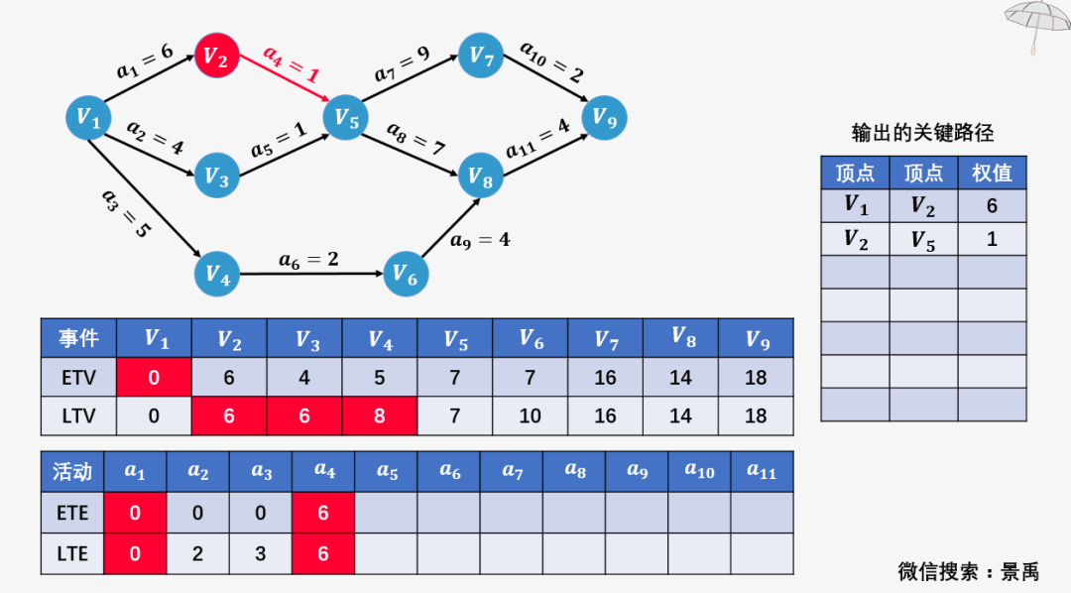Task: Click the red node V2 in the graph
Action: (x=216, y=56)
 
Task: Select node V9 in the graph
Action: (x=604, y=117)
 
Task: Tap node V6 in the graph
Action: (x=406, y=274)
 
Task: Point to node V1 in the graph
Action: (x=88, y=117)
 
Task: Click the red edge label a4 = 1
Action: (x=292, y=63)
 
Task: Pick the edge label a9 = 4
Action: (x=480, y=240)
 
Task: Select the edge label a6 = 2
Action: (x=308, y=260)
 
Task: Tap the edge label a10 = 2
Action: (x=552, y=61)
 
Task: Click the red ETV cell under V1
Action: (x=154, y=377)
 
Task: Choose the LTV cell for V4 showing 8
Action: (x=379, y=415)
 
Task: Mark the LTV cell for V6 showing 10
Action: (x=530, y=415)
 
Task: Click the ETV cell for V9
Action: (x=756, y=377)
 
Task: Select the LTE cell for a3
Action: (x=260, y=553)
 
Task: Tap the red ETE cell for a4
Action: (x=323, y=513)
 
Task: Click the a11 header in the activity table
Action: (x=762, y=471)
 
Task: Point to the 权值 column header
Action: (x=992, y=173)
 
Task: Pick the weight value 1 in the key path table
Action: (x=992, y=239)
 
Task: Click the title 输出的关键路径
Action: (x=923, y=133)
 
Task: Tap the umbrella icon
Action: (x=1038, y=25)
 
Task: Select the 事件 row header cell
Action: (x=78, y=338)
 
